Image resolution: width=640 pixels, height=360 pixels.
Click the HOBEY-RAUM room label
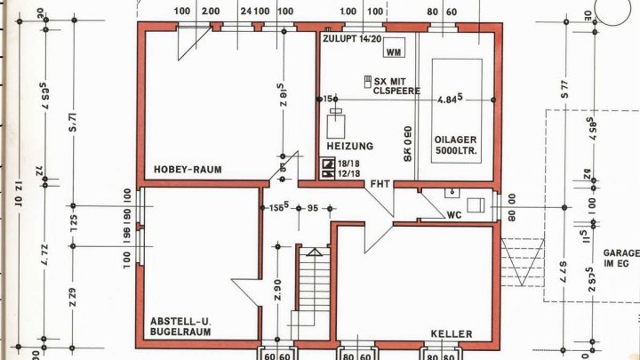pyautogui.click(x=187, y=169)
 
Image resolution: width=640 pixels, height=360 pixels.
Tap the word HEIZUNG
pyautogui.click(x=349, y=146)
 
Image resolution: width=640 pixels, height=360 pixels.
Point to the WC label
pyautogui.click(x=453, y=214)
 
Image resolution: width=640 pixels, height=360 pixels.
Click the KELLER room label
pyautogui.click(x=451, y=334)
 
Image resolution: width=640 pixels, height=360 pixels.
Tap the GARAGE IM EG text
pyautogui.click(x=620, y=258)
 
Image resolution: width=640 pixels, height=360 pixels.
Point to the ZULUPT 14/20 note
pyautogui.click(x=353, y=39)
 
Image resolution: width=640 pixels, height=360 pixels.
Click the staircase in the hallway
pyautogui.click(x=313, y=289)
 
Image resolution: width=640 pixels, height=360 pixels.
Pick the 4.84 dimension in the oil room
pyautogui.click(x=448, y=100)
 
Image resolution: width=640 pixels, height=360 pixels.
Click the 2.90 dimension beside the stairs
pyautogui.click(x=277, y=290)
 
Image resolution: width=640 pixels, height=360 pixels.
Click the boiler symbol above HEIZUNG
pyautogui.click(x=336, y=122)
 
